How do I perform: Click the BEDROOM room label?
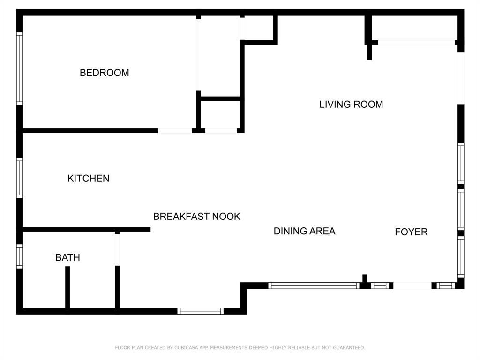click(104, 73)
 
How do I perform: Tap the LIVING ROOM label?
click(351, 104)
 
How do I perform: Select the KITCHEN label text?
click(88, 178)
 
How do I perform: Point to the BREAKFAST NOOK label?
click(196, 216)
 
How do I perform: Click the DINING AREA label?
click(304, 231)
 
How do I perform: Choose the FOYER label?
click(411, 232)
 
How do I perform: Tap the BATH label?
click(67, 257)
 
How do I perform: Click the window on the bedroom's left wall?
click(20, 68)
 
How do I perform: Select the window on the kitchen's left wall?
click(20, 178)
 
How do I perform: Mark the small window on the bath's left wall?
click(20, 257)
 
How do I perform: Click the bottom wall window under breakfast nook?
click(201, 311)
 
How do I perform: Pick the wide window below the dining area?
click(314, 285)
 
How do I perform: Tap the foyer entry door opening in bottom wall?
click(412, 285)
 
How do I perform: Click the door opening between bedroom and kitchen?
click(174, 130)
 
